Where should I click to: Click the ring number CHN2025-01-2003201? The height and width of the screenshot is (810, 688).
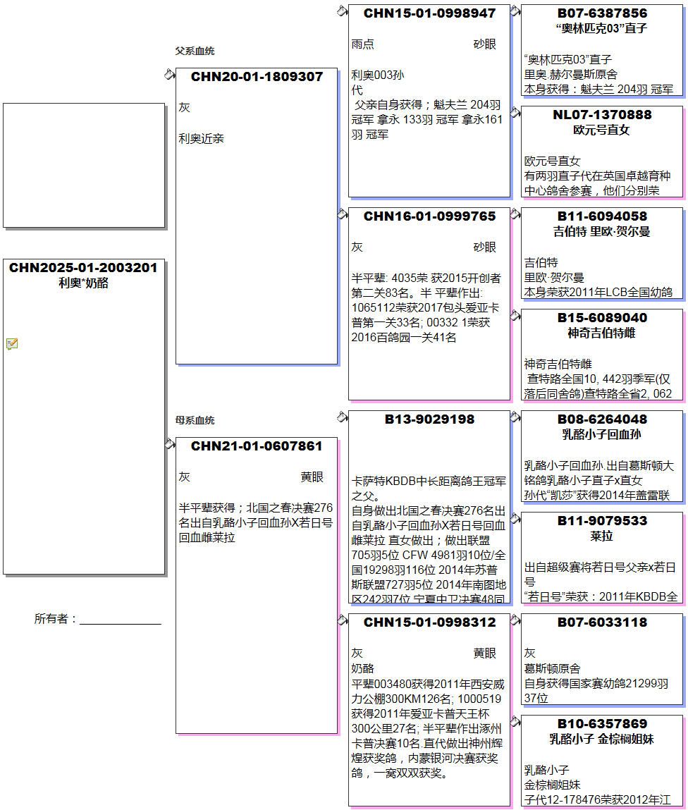83,268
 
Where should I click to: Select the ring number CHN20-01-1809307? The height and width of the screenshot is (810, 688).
257,77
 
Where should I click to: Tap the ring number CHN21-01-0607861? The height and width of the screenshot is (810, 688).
257,446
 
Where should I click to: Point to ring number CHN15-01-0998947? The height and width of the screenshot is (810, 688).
429,13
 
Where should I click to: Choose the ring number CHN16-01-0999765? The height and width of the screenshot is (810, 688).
429,216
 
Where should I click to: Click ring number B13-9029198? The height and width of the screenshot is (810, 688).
429,419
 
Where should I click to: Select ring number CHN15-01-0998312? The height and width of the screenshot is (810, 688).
429,622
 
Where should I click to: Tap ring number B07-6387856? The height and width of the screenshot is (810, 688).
602,13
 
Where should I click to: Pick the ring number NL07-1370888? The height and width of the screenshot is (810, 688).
602,115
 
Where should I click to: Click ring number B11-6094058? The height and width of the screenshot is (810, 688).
602,216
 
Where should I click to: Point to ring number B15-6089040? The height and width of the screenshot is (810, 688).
602,318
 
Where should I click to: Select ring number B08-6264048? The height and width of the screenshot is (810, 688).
602,419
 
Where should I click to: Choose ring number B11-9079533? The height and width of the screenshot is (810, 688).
602,521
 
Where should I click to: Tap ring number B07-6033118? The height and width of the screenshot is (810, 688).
602,622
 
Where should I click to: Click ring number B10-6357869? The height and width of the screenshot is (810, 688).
602,724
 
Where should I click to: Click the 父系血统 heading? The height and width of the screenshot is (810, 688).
195,51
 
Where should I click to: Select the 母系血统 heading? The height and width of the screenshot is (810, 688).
195,421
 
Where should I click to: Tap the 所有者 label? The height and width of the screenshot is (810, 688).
55,619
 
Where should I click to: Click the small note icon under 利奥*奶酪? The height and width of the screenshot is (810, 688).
12,344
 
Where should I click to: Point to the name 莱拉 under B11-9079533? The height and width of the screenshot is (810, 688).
602,536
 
